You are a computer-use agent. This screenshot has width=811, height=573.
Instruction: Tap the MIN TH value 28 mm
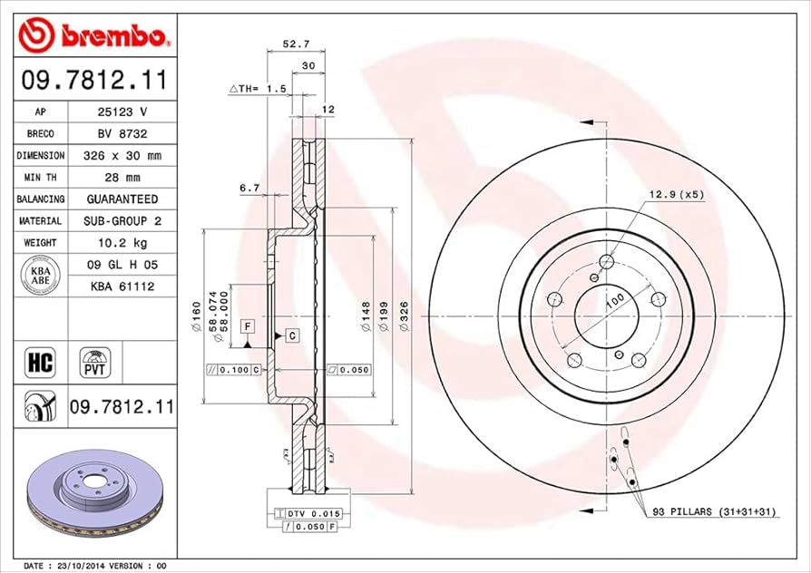[122, 178]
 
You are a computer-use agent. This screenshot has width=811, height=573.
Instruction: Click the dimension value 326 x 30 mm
[122, 156]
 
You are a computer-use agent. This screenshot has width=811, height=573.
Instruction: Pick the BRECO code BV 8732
[122, 134]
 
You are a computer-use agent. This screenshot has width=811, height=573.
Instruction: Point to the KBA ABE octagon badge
[41, 276]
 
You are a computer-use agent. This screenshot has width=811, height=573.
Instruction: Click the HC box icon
[41, 363]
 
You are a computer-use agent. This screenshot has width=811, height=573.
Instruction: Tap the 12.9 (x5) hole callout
[675, 194]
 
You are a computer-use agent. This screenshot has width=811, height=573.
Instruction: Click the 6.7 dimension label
[250, 188]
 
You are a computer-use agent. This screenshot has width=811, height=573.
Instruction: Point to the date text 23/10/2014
[87, 565]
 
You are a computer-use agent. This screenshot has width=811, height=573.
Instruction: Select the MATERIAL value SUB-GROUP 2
[122, 221]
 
